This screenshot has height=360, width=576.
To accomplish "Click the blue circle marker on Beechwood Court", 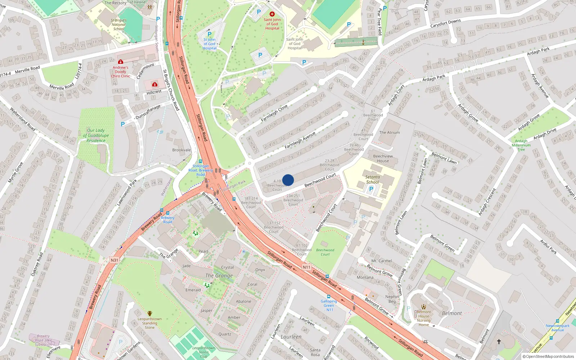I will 288,180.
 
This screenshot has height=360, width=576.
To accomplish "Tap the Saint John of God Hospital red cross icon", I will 272,14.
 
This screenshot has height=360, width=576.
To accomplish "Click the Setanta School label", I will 373,179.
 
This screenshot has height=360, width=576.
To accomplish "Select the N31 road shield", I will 114,260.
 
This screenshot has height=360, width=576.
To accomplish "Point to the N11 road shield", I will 306,267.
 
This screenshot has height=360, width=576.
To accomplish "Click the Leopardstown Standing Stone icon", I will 150,314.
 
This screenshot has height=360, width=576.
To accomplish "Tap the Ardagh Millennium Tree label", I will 521,145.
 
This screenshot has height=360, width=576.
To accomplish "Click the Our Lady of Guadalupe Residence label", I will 96,135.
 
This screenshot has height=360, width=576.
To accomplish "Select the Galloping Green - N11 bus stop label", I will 329,305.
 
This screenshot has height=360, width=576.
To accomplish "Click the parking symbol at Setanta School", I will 371,189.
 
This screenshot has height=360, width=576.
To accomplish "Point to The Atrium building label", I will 389,132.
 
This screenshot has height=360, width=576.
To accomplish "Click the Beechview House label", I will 383,158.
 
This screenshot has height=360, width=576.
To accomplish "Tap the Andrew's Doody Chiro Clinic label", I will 120,72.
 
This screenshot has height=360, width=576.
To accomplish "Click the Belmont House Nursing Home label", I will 424,318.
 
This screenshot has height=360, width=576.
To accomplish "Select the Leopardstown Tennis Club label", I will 203,352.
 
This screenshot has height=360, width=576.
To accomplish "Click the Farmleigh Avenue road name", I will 300,140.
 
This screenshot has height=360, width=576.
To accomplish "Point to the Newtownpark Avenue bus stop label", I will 557,328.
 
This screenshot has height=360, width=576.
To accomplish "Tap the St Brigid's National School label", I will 118,24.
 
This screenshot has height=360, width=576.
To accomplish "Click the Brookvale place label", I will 181,150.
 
